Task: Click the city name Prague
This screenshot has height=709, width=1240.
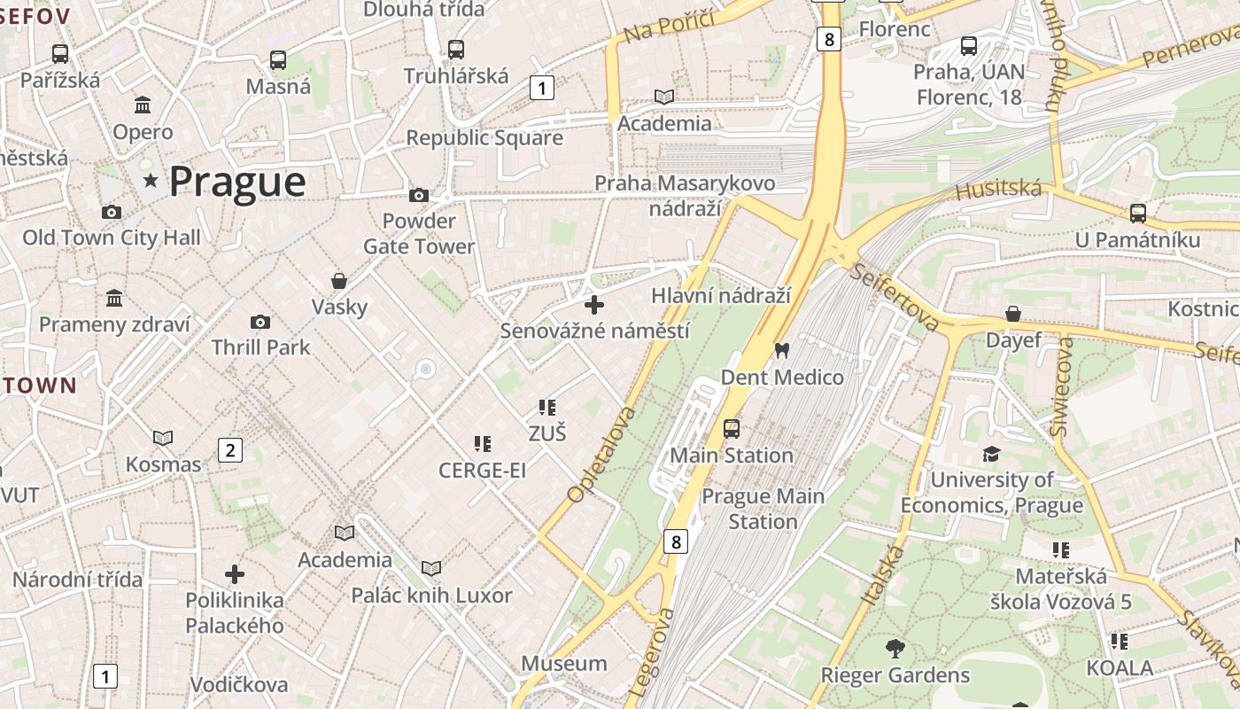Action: pos(236,182)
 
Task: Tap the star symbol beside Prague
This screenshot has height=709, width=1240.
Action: pos(151,181)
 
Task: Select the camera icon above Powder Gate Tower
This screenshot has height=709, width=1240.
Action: pos(418,195)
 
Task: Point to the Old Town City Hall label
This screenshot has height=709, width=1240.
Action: pos(112,238)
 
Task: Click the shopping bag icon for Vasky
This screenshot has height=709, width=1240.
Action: pos(338,281)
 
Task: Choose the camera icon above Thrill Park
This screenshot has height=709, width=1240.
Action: pos(260,322)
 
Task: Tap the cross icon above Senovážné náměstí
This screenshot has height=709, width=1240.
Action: pos(594,305)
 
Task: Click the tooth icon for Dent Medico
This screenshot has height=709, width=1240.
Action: pos(781,350)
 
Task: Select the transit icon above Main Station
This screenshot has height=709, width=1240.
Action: pos(732,429)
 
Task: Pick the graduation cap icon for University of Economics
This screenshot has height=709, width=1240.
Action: pos(991,454)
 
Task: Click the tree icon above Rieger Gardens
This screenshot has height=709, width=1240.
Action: pos(895,649)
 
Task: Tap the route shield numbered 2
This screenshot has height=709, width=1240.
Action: pos(230,450)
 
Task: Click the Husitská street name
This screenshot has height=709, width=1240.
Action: pos(998,189)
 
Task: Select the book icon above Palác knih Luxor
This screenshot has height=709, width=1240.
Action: pos(431,568)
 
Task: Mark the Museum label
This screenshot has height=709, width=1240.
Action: pos(563,663)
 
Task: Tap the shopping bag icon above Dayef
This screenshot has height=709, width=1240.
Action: pos(1013,314)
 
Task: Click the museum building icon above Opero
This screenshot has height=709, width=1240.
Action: pos(143,106)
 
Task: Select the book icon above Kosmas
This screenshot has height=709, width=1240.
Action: pos(163,438)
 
